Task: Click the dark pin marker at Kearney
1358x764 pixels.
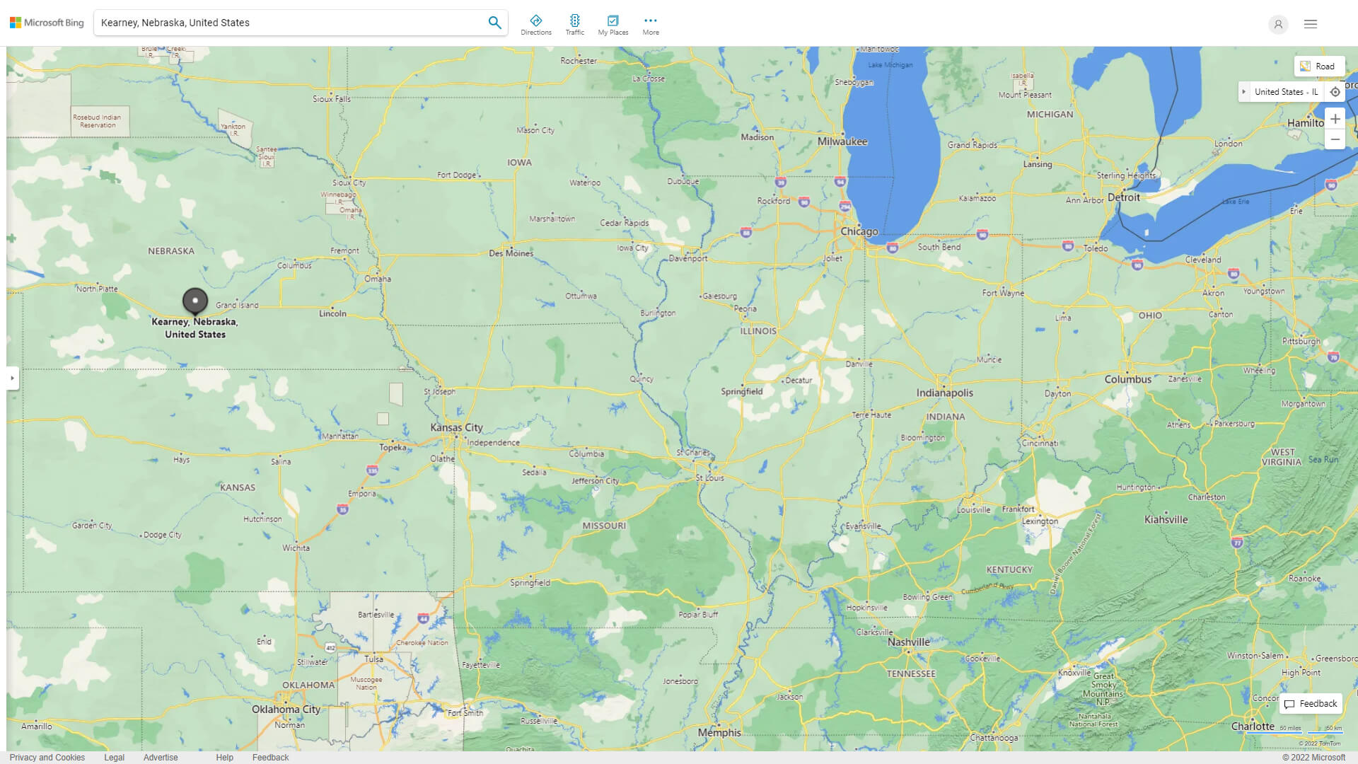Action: tap(195, 301)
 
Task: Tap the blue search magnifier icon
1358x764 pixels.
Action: tap(494, 23)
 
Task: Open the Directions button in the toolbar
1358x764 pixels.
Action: tap(535, 25)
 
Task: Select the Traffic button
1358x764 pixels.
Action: tap(574, 25)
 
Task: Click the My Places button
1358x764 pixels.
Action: tap(613, 25)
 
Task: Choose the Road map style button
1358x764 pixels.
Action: tap(1318, 66)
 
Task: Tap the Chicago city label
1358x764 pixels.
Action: tap(859, 231)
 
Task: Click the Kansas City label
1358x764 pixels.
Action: tap(456, 427)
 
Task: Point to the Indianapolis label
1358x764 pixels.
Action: tap(944, 393)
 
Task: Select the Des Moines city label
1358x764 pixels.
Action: tap(511, 253)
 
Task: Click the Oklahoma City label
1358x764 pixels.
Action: tap(286, 709)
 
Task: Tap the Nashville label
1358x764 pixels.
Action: tap(908, 642)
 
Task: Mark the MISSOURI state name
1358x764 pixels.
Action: tap(603, 526)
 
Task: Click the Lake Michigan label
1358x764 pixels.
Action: tap(890, 65)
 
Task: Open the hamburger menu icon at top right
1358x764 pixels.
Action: tap(1310, 24)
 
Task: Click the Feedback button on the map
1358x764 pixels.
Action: tap(1311, 704)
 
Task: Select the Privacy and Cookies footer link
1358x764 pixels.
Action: tap(47, 757)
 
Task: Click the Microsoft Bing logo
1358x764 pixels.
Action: tap(47, 23)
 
